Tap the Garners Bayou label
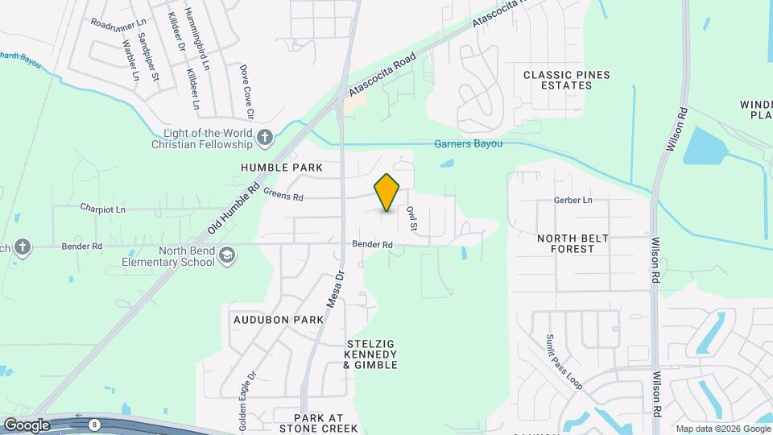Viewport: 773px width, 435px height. click(468, 144)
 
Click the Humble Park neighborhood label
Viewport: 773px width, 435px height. click(281, 168)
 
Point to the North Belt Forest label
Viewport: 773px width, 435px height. click(577, 243)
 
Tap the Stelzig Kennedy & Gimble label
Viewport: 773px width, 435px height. click(370, 354)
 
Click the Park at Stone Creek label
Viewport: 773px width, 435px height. click(318, 423)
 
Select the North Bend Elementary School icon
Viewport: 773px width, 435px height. click(227, 255)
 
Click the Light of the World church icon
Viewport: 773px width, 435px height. click(265, 139)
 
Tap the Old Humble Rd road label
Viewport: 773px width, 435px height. click(233, 208)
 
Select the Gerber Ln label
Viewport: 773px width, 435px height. click(573, 200)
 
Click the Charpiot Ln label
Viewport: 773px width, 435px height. click(104, 208)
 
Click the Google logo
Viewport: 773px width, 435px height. click(26, 425)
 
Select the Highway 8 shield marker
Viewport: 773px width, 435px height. click(96, 423)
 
